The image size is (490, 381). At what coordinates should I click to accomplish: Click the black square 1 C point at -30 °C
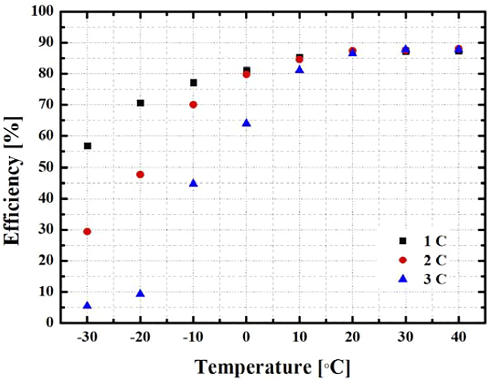click(87, 146)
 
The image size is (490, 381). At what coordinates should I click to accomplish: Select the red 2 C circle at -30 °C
click(87, 231)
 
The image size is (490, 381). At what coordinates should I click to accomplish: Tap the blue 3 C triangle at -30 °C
click(87, 306)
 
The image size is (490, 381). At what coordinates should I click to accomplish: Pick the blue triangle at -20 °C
click(140, 294)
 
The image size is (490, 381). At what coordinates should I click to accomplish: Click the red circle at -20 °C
click(140, 174)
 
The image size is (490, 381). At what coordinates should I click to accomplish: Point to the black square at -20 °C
click(140, 103)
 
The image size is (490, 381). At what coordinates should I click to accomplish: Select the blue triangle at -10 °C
click(194, 183)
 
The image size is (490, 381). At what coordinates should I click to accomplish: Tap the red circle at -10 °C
click(194, 105)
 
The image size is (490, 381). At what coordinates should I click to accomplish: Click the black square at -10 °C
click(194, 83)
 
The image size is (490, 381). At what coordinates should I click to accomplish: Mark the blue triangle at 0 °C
click(246, 123)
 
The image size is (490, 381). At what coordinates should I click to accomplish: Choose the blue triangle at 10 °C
click(300, 70)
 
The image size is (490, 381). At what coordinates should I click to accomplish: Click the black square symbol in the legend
click(403, 240)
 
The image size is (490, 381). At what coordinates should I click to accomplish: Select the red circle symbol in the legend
click(403, 259)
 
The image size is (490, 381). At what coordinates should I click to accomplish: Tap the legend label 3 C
click(432, 279)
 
